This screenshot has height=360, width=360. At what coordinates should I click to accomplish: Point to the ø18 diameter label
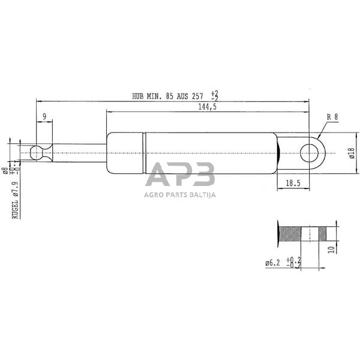(350, 154)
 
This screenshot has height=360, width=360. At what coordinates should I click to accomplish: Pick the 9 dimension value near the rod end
(44, 116)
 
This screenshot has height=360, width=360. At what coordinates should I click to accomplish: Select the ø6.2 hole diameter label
(275, 261)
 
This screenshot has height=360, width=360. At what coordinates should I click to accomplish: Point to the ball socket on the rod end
(38, 154)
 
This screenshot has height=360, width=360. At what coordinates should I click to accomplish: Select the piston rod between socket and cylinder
(78, 154)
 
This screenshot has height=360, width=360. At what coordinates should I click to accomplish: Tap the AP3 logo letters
(180, 176)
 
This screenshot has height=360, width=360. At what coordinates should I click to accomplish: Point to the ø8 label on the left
(5, 171)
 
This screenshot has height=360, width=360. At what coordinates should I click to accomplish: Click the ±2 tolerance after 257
(214, 95)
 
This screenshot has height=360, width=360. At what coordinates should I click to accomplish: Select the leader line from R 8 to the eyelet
(324, 128)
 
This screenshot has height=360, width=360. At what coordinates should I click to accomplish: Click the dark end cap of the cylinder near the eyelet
(278, 154)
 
